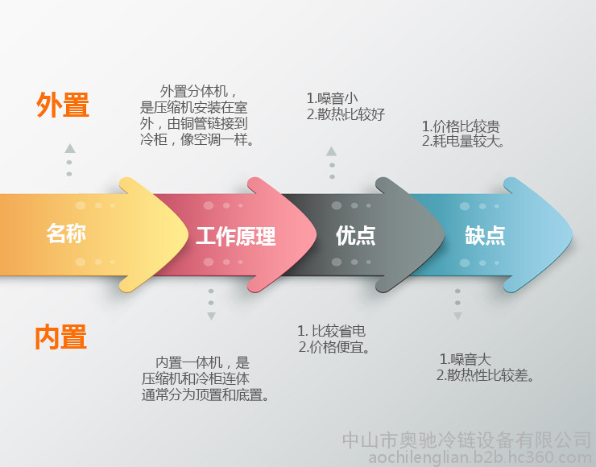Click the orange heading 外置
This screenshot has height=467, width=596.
point(63,105)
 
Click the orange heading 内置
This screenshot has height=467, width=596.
point(61,337)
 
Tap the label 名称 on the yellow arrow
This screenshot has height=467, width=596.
point(66,233)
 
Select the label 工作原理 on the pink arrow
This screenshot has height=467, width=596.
point(236,236)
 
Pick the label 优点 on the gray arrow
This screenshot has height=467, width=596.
point(356,236)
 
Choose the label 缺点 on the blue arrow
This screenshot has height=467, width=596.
point(485,236)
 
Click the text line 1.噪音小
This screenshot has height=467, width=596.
point(332,98)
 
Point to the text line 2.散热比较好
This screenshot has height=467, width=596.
point(346,114)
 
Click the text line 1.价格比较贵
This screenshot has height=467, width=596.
point(461,126)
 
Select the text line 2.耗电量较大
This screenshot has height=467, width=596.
point(463,142)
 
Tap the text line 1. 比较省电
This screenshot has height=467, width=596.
point(332,331)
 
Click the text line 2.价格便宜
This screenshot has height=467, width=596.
point(334,347)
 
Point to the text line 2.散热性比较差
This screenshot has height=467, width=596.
point(486,375)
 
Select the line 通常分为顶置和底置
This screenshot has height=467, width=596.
point(205,395)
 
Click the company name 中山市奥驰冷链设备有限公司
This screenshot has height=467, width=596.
point(467,440)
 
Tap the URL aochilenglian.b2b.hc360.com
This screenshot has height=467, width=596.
point(480,457)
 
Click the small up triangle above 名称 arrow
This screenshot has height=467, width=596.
point(69,149)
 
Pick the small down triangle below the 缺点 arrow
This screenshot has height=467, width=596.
point(457,316)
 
